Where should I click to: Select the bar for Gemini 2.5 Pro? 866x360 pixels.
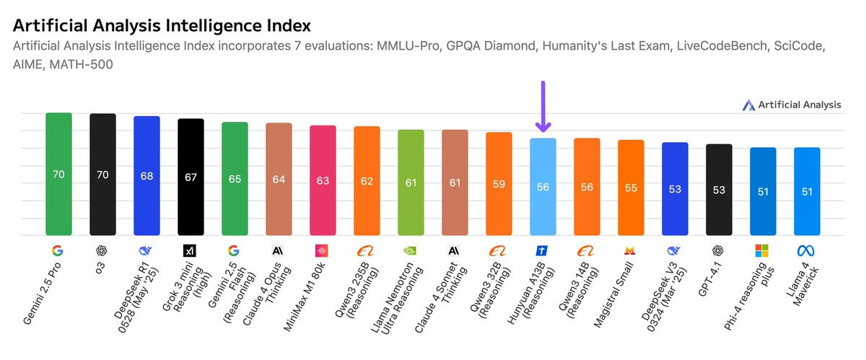[58, 174]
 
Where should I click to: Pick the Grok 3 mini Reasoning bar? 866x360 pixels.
[191, 177]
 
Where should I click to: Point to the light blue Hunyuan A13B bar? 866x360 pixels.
[543, 187]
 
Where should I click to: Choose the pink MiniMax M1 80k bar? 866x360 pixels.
[323, 180]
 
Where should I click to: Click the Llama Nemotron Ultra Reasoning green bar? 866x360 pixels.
[411, 183]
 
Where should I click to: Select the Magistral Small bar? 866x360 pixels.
[631, 188]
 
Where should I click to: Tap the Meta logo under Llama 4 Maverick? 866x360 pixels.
[807, 251]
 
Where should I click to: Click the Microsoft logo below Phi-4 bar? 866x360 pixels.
[763, 251]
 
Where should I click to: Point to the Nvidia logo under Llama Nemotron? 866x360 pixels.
[411, 251]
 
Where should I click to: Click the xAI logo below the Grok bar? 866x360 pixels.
[191, 251]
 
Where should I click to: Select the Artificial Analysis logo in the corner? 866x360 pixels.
[748, 105]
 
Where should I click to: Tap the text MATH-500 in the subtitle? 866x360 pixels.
[83, 64]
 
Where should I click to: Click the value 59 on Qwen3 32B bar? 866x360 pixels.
[499, 183]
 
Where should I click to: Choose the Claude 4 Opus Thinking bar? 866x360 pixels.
[279, 180]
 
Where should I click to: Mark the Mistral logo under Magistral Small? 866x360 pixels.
[631, 251]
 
